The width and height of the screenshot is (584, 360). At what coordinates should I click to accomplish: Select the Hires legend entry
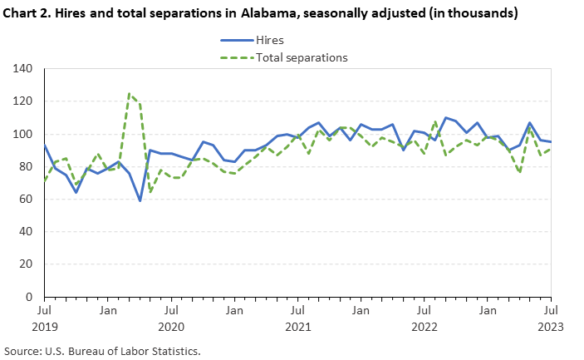pyautogui.click(x=276, y=40)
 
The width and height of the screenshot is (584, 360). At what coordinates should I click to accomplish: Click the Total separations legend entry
pyautogui.click(x=301, y=57)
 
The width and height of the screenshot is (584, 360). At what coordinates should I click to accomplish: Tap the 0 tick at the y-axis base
pyautogui.click(x=29, y=297)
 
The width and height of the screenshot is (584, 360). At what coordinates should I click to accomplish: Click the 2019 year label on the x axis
pyautogui.click(x=44, y=326)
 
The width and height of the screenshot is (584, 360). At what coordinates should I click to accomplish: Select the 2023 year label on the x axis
pyautogui.click(x=551, y=326)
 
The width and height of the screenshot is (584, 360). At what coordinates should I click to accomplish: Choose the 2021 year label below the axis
pyautogui.click(x=297, y=326)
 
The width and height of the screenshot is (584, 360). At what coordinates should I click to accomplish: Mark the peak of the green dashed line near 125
pyautogui.click(x=130, y=94)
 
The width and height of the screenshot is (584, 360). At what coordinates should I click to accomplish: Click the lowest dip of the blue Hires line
pyautogui.click(x=140, y=200)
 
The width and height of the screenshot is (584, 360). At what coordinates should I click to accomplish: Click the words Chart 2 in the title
pyautogui.click(x=23, y=13)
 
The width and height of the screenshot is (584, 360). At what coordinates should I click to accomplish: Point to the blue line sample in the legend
pyautogui.click(x=237, y=40)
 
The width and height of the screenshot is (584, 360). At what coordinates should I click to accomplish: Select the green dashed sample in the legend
pyautogui.click(x=237, y=57)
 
